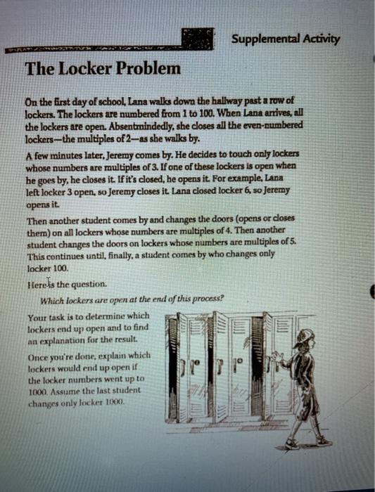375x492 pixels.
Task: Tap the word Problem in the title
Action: click(147, 69)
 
